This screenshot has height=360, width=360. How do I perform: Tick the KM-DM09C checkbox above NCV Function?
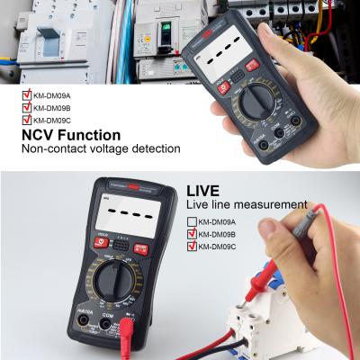click(26, 117)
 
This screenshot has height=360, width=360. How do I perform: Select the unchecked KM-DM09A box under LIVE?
click(191, 221)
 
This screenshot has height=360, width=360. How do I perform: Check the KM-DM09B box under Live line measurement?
click(191, 233)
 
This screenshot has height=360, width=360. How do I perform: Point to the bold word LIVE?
click(203, 192)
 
